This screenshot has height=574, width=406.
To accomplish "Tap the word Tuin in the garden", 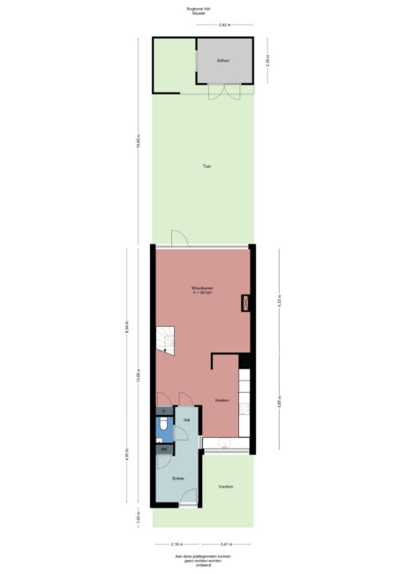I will (206, 165).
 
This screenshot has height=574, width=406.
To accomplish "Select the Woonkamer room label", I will (202, 290).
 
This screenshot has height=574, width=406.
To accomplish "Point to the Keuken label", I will (222, 401).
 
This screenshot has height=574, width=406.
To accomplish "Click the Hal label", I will (186, 420).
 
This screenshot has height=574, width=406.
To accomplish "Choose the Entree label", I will (177, 477).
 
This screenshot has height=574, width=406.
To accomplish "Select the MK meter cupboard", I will (163, 449).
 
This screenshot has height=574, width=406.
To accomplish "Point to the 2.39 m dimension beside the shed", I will (267, 61).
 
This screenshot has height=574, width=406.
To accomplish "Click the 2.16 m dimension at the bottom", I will (177, 545).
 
